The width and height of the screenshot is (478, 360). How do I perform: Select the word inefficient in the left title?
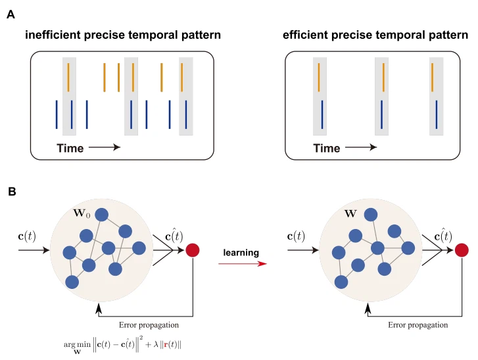[53, 34]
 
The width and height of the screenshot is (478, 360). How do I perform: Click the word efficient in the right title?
[306, 34]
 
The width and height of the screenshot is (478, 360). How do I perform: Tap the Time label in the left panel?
[70, 148]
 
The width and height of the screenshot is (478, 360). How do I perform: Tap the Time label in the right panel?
[326, 148]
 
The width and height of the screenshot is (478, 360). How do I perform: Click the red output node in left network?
[193, 250]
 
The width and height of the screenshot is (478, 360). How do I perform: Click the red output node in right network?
[462, 250]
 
